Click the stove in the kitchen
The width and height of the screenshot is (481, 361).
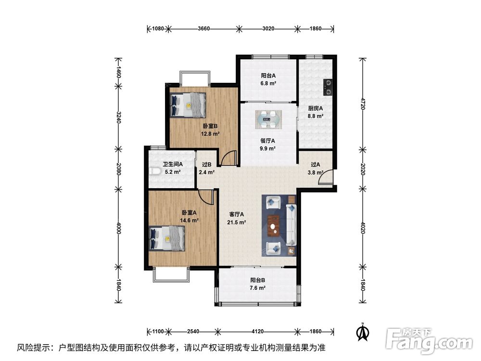point(328,87)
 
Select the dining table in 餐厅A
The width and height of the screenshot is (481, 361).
point(269,119)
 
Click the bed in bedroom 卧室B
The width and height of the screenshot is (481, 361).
point(188,105)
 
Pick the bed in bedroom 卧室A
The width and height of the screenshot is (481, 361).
point(166,239)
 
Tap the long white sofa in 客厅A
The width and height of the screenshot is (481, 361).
point(291,225)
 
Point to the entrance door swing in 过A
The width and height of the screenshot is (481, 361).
point(326,177)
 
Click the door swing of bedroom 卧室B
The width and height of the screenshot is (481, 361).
point(229,158)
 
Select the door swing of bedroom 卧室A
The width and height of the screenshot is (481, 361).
point(206,197)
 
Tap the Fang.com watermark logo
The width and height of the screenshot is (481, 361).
point(429,340)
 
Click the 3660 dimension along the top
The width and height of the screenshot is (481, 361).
point(203,28)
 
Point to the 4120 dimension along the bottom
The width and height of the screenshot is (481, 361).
point(257,331)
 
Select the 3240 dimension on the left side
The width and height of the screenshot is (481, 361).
point(118,117)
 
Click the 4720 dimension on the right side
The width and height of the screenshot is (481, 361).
point(363,104)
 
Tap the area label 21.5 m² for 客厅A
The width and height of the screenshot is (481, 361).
point(236,222)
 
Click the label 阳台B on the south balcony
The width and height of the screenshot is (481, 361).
point(258,280)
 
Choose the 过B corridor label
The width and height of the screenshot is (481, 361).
point(207,165)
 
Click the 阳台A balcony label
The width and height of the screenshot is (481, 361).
point(268,75)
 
